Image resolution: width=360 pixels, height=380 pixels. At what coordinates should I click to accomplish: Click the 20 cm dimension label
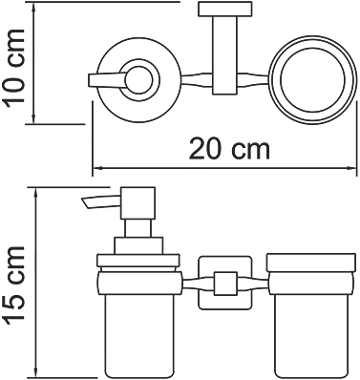(229, 150)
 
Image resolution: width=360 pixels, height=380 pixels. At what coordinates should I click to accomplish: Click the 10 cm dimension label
(13, 66)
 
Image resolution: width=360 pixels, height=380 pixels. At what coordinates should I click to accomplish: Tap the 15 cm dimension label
(13, 284)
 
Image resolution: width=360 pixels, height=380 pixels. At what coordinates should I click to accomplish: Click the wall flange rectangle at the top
(225, 10)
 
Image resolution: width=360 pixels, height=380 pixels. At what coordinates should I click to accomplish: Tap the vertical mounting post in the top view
(225, 55)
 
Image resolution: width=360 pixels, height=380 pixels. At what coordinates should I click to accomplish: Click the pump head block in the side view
(138, 202)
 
